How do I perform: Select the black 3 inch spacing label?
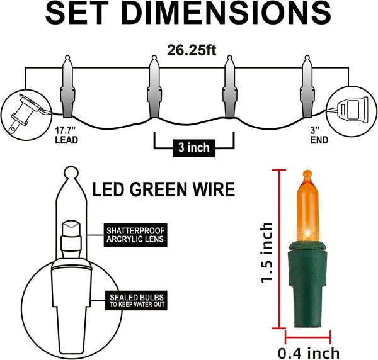click(x=194, y=148)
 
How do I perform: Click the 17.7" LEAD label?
click(x=66, y=135)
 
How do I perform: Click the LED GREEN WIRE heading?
click(x=164, y=189)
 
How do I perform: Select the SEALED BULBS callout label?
click(x=135, y=300)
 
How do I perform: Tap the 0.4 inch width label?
click(x=309, y=352)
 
